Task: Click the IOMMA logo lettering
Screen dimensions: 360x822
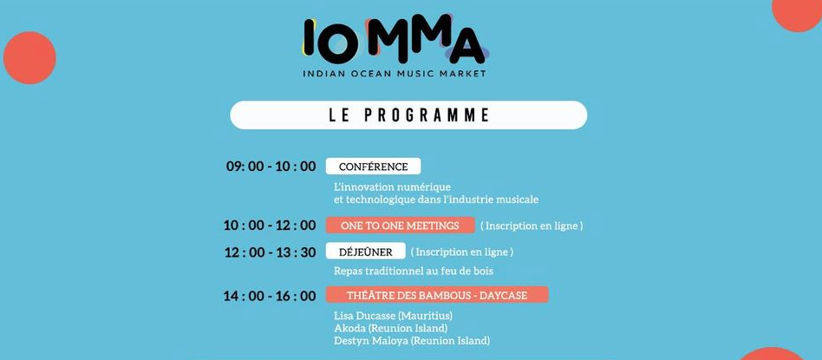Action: click(394, 39)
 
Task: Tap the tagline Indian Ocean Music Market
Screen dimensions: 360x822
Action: click(395, 74)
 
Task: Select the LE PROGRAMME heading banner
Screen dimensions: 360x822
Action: click(408, 115)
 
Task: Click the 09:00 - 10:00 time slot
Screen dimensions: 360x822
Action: click(271, 167)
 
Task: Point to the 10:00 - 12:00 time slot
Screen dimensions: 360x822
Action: click(270, 226)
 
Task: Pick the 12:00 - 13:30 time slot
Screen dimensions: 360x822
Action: click(270, 252)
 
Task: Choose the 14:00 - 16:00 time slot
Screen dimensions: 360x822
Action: click(270, 296)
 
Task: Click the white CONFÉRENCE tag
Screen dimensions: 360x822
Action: click(373, 167)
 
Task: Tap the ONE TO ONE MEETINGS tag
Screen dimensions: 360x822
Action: click(400, 226)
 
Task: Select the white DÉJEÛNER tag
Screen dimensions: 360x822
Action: click(365, 252)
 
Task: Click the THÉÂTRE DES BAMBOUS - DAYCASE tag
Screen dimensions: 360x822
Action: click(437, 296)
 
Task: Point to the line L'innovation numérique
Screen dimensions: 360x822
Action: click(392, 187)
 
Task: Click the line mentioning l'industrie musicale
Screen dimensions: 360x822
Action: click(436, 200)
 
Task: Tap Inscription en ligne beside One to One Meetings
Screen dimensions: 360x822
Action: click(532, 226)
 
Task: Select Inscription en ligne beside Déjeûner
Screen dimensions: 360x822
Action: click(461, 252)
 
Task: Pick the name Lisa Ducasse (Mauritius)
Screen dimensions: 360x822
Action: click(393, 316)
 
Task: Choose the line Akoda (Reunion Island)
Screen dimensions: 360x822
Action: click(390, 328)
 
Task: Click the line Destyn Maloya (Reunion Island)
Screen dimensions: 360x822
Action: click(412, 341)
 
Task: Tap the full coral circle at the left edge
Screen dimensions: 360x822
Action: click(29, 57)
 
